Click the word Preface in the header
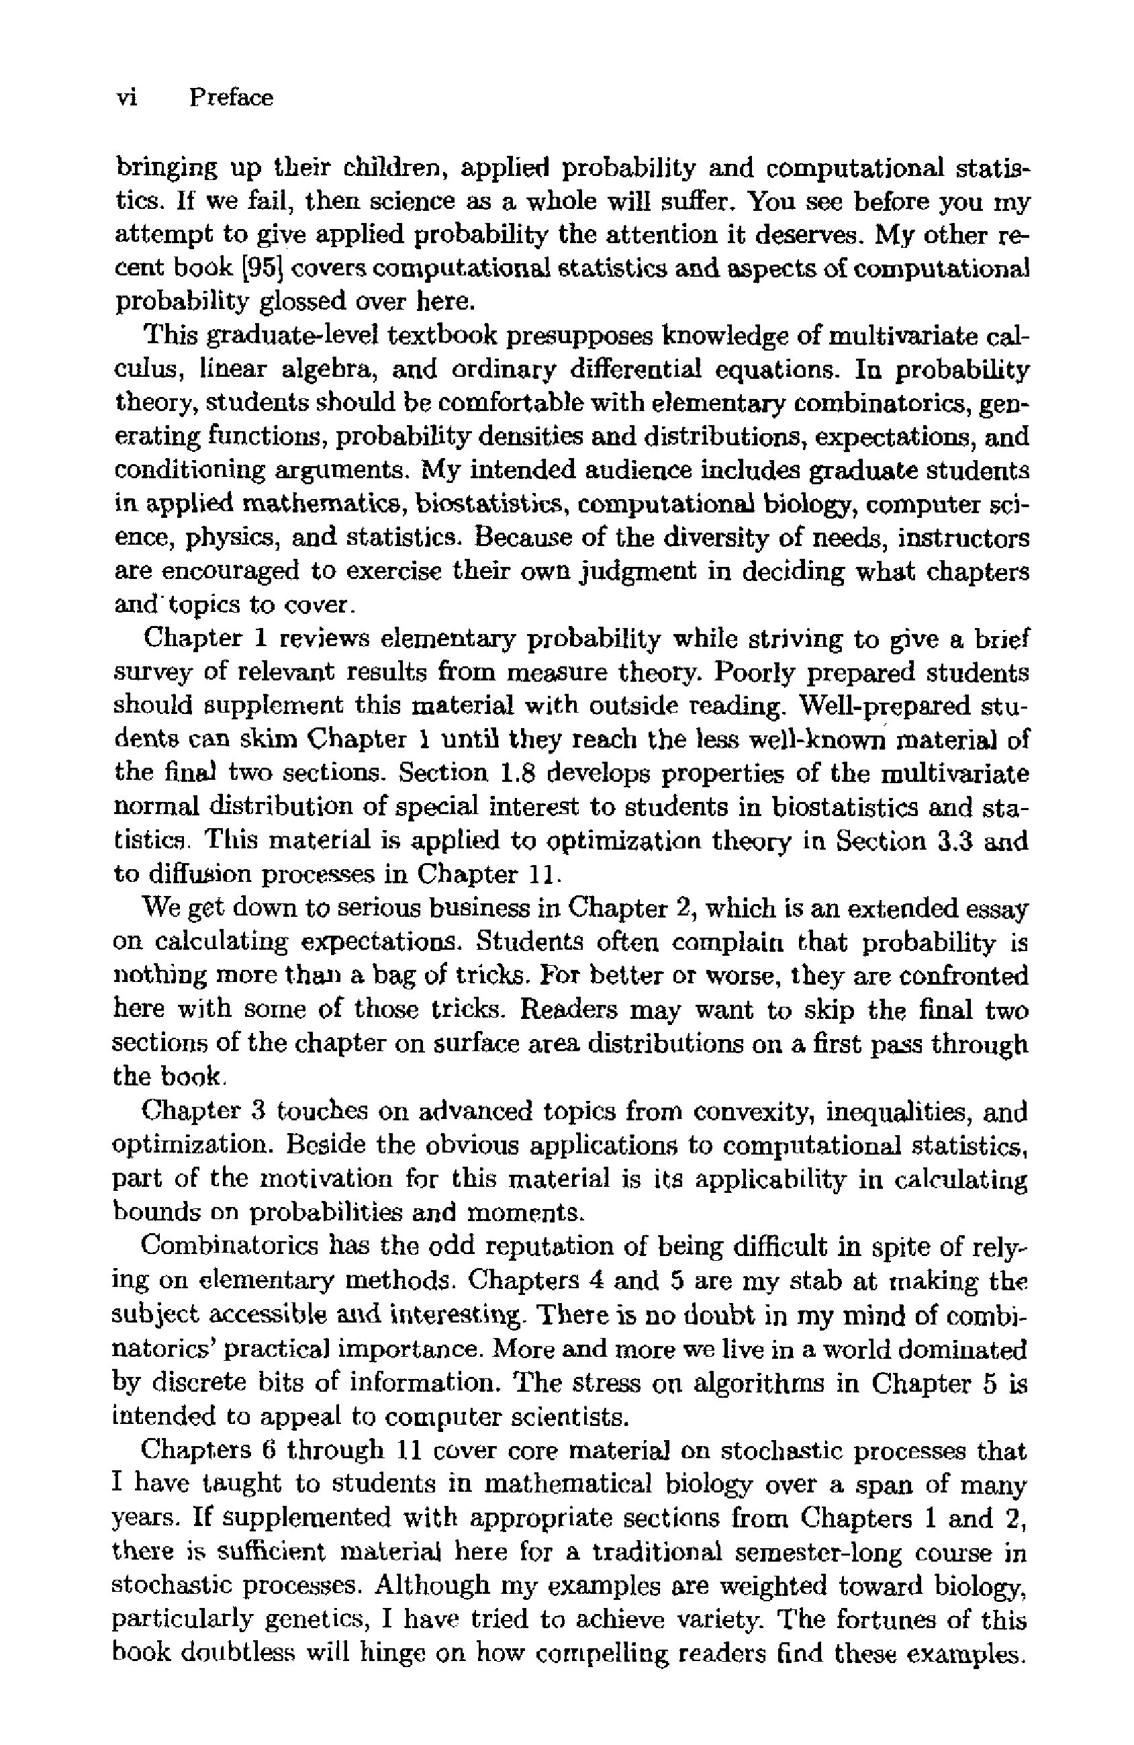pyautogui.click(x=231, y=97)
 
